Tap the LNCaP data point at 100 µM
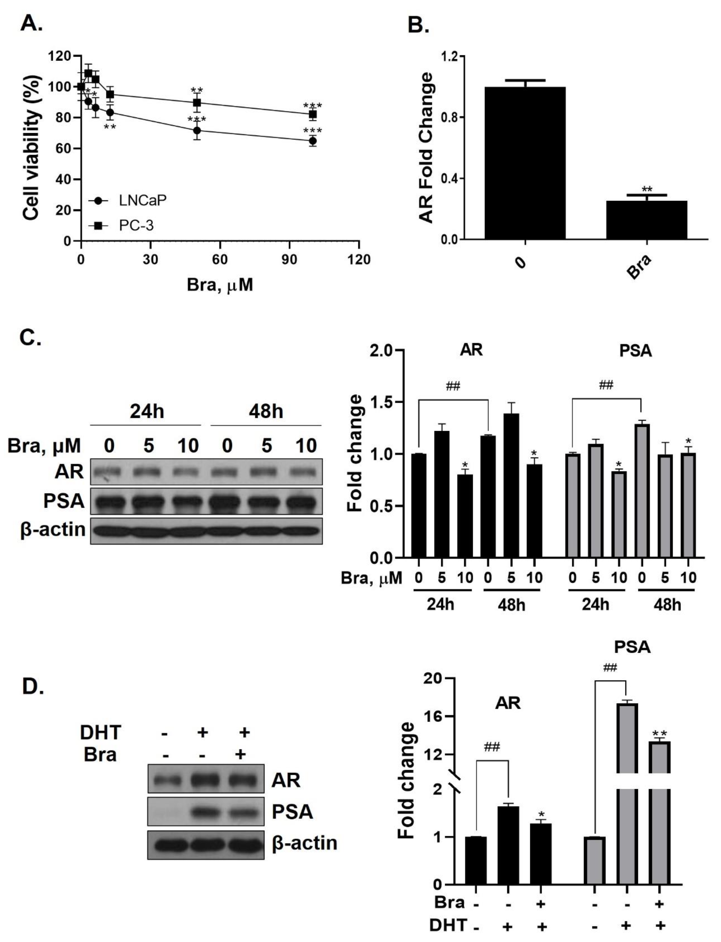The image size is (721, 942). coord(313,141)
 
